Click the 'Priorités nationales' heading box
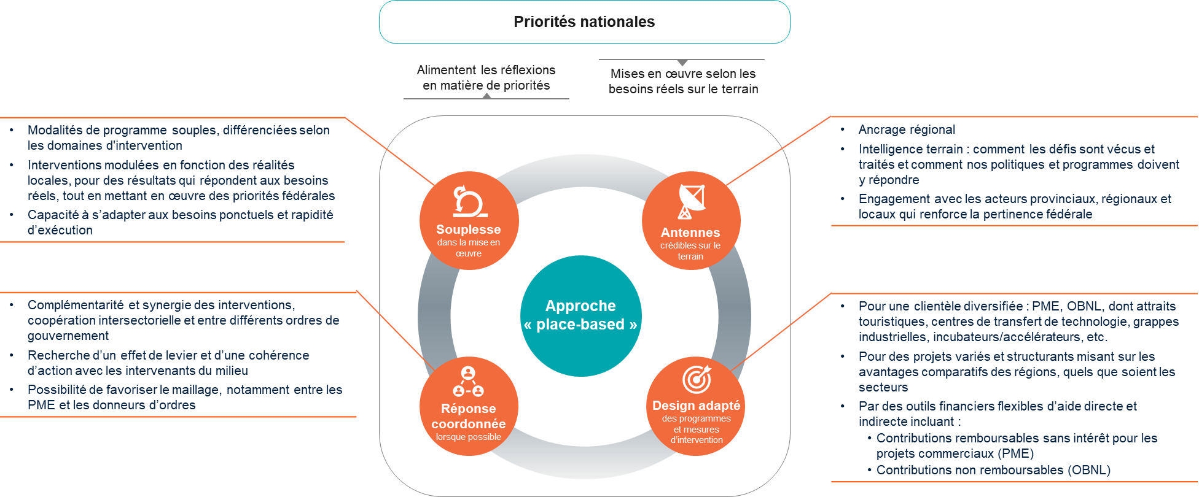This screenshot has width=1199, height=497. [x=584, y=22]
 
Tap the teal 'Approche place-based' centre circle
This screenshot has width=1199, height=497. [x=580, y=315]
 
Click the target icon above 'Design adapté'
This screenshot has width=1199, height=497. [x=697, y=379]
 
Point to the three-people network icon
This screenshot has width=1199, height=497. [x=468, y=382]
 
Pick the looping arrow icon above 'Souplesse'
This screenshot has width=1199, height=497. [x=469, y=201]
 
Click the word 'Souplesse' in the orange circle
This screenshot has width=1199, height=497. [x=469, y=229]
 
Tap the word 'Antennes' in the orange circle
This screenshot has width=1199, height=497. [x=690, y=233]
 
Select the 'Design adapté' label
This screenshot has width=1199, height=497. [x=696, y=406]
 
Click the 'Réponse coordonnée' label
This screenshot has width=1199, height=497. [x=469, y=416]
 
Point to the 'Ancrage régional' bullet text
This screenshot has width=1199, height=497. [x=907, y=129]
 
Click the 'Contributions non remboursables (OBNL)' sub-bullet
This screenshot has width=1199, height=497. [x=993, y=470]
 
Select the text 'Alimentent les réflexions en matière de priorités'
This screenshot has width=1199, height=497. [x=486, y=78]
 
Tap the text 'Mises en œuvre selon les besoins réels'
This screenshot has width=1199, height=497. [x=683, y=81]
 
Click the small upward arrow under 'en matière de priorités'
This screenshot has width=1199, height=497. [x=486, y=96]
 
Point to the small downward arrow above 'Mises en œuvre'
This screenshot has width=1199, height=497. [x=682, y=63]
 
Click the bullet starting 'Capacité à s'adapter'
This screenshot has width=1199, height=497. [x=180, y=222]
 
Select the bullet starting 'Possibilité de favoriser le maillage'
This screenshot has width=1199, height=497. [x=184, y=397]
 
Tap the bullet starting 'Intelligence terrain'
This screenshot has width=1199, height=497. [x=1018, y=164]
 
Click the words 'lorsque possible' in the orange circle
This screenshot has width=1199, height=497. [x=469, y=437]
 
